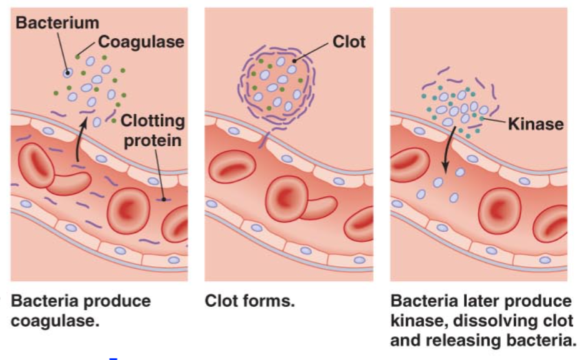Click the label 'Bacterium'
pyautogui.click(x=57, y=23)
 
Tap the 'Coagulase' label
pyautogui.click(x=141, y=42)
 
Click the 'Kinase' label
pyautogui.click(x=536, y=123)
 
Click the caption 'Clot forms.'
pyautogui.click(x=249, y=301)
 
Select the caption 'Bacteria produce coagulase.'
pyautogui.click(x=81, y=311)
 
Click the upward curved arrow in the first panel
pyautogui.click(x=79, y=141)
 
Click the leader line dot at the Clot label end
pyautogui.click(x=294, y=60)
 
